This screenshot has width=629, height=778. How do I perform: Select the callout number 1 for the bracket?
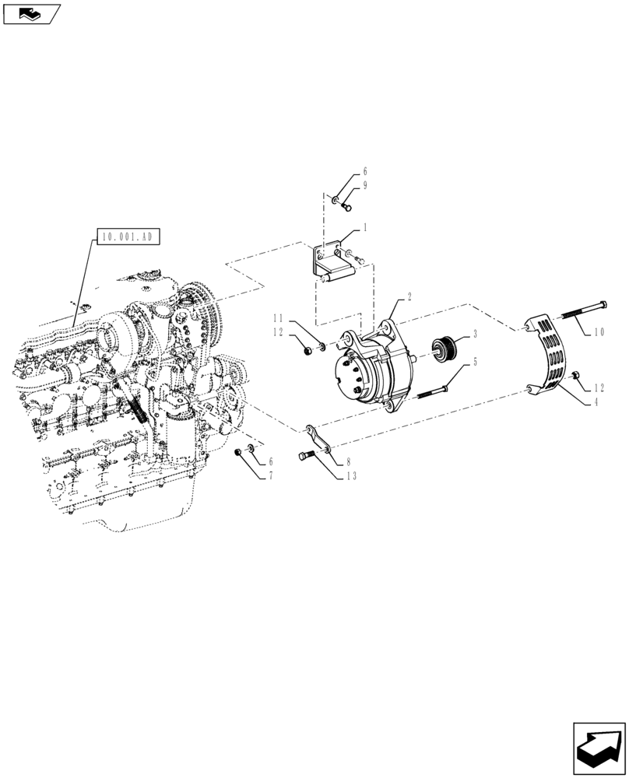click(x=364, y=230)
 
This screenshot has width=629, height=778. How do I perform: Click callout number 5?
click(x=475, y=361)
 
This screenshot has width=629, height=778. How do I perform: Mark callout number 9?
click(x=364, y=185)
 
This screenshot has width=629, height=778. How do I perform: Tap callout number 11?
click(x=278, y=318)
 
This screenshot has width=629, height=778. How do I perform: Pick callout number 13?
click(x=353, y=476)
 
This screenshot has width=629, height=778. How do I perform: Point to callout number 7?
click(x=270, y=475)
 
